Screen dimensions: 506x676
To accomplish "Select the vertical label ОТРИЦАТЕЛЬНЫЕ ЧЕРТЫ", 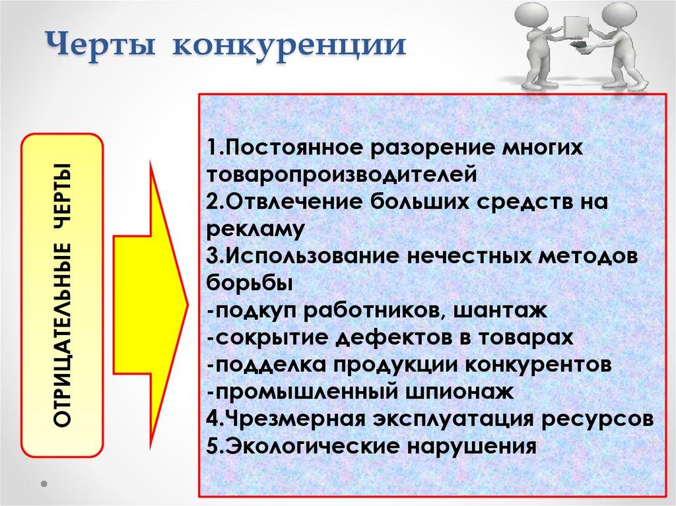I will coord(63,296).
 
